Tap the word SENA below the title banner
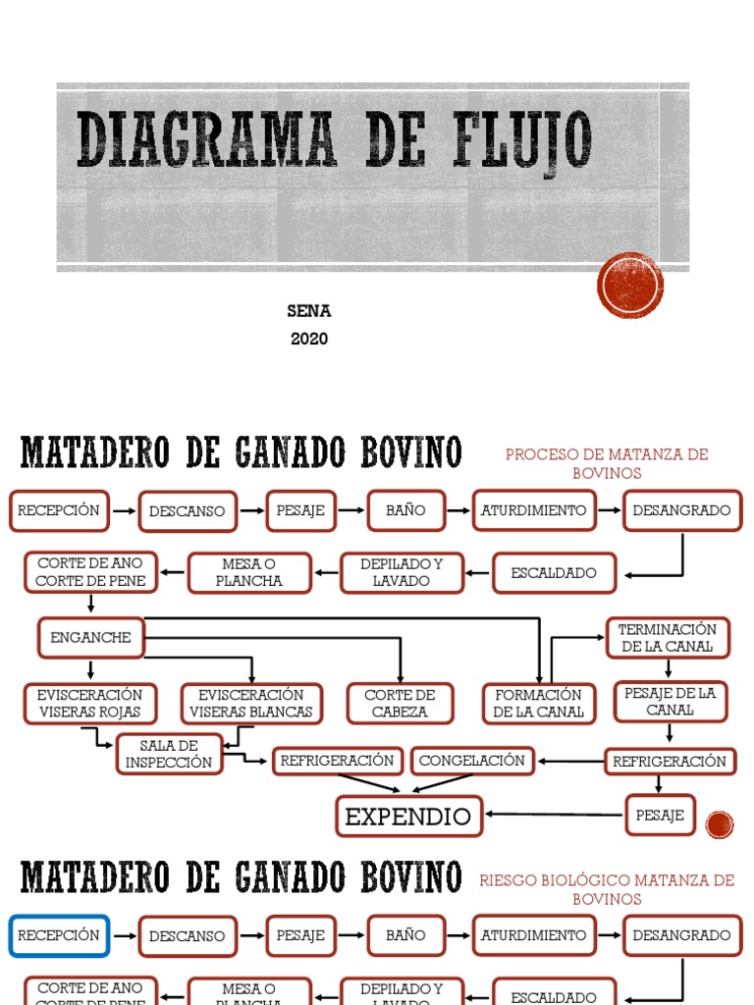coord(308,311)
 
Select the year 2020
coord(308,340)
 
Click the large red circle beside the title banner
coord(630,285)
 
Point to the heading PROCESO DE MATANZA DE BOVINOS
coord(606,463)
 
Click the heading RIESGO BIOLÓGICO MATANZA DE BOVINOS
coord(607,889)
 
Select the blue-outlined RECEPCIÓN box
coord(59,935)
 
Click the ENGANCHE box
coord(90,638)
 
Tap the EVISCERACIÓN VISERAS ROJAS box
coord(90,704)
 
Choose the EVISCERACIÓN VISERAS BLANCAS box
coord(251,704)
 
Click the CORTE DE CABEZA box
coord(400,704)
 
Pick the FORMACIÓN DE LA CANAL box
coord(538,704)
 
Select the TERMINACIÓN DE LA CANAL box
coord(668,638)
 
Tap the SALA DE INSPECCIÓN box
coord(169,754)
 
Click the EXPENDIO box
coord(408,816)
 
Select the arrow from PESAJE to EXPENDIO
coord(555,814)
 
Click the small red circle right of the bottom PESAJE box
coord(720,825)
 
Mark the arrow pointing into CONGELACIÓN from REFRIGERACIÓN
coord(569,761)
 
